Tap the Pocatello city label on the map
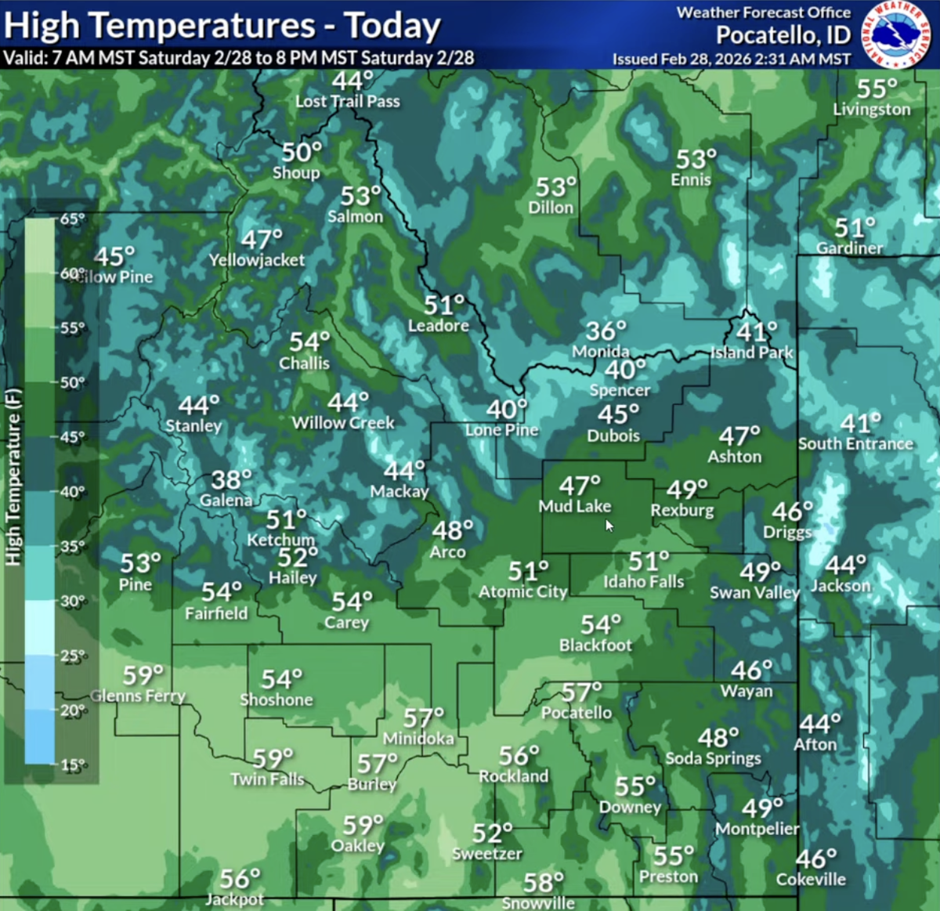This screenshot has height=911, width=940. tap(577, 713)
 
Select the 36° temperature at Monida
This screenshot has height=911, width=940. tap(606, 331)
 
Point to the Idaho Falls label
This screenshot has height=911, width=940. tap(643, 582)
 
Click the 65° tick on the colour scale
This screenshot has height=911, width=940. tap(72, 219)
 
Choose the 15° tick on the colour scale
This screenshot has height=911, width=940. tap(72, 765)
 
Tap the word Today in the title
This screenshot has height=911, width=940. tap(392, 26)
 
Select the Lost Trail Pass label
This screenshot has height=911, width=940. tap(347, 101)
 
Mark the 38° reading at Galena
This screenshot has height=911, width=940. tap(231, 479)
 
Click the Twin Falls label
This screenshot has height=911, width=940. tap(267, 779)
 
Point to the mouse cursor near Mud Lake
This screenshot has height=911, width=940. tap(609, 526)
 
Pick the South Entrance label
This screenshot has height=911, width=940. tap(855, 443)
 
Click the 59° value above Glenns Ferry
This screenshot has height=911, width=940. tap(143, 675)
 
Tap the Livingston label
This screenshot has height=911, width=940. tap(871, 110)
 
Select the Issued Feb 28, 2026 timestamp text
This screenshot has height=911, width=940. tap(731, 59)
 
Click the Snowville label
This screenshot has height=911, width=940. tap(538, 903)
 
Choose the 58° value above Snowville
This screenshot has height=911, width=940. tap(543, 883)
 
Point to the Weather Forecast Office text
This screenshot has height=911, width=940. tap(763, 13)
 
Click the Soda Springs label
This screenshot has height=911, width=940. tap(713, 758)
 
